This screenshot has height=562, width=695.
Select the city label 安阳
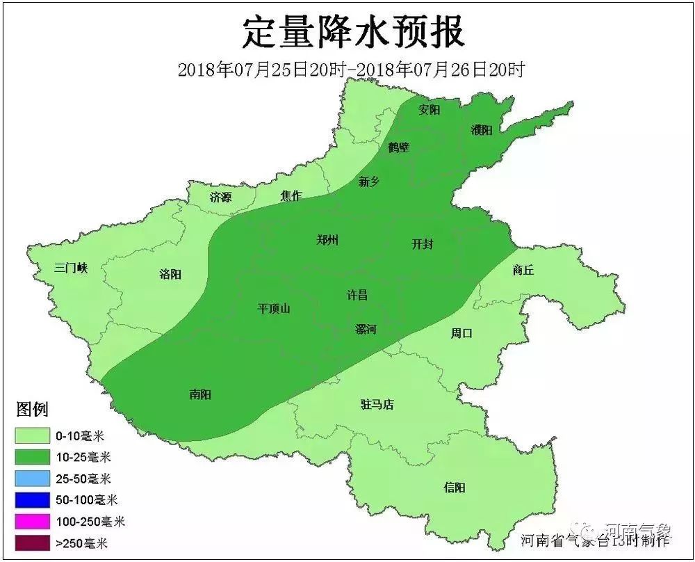pos(430,110)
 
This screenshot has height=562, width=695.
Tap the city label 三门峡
pos(71,268)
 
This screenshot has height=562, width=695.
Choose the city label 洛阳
pos(170,274)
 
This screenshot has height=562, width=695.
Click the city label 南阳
pos(200,394)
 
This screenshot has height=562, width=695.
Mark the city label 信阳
pos(454,488)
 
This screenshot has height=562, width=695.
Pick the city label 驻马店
pos(377,404)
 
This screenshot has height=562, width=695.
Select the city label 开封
pos(423,244)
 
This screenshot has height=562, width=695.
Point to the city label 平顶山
pos(274,309)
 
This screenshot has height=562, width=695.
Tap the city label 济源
pos(220,198)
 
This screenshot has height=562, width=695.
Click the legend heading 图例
pos(32,410)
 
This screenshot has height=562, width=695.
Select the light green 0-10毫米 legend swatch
pos(33,436)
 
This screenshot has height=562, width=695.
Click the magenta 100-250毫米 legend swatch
pos(33,521)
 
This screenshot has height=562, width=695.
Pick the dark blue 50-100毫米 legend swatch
pos(33,499)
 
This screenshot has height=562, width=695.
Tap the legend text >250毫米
pos(81,543)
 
